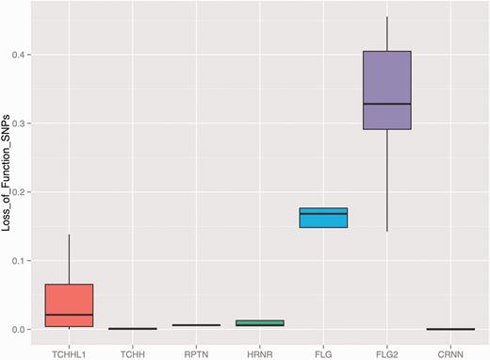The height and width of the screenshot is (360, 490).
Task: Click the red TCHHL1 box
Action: click(x=69, y=304)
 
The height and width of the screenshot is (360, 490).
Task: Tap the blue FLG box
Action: click(x=323, y=218)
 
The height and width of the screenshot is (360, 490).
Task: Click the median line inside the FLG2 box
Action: click(x=386, y=104)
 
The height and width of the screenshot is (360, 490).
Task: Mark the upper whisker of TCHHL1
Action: click(x=69, y=259)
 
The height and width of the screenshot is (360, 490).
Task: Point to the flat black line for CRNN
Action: click(x=449, y=329)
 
